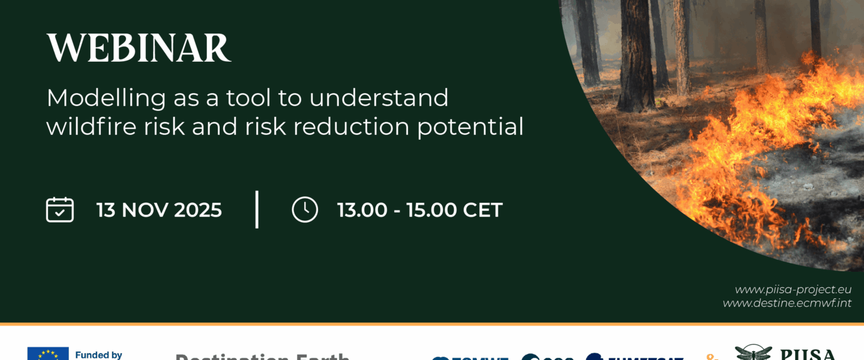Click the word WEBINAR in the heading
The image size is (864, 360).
pyautogui.click(x=139, y=48)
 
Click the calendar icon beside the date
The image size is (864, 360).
pyautogui.click(x=60, y=210)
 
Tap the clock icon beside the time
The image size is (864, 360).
pyautogui.click(x=305, y=210)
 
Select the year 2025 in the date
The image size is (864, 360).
pyautogui.click(x=198, y=211)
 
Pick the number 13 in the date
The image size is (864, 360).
pyautogui.click(x=106, y=211)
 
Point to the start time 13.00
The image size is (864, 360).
pyautogui.click(x=362, y=211)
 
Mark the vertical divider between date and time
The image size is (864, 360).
pyautogui.click(x=257, y=209)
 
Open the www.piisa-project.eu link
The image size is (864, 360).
pyautogui.click(x=793, y=290)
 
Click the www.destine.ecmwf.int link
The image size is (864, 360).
pyautogui.click(x=787, y=303)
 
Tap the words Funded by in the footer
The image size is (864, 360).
pyautogui.click(x=98, y=355)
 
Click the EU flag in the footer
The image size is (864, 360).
pyautogui.click(x=48, y=354)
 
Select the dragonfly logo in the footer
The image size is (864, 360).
pyautogui.click(x=753, y=353)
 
